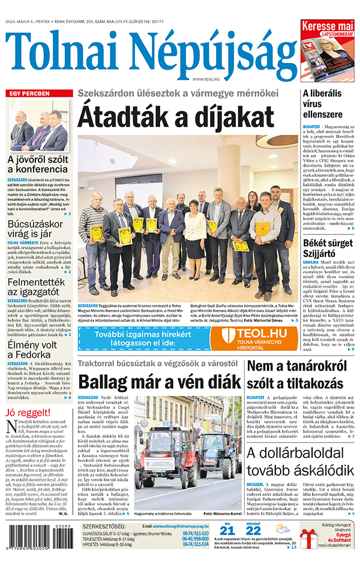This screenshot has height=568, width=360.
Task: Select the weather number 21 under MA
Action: point(227,546)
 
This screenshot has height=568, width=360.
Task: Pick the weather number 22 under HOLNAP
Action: point(254,546)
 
